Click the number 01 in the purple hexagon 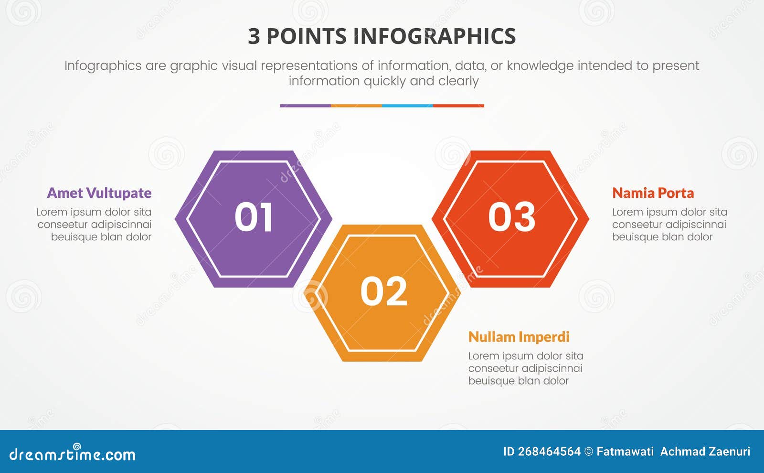254,218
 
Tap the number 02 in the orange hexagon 384,291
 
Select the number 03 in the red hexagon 511,217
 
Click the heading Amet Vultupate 99,193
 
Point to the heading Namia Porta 653,193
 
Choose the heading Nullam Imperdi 519,337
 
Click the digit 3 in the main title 254,37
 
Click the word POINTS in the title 307,37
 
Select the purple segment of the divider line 305,106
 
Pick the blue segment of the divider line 407,106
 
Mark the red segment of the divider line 458,106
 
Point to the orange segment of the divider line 356,106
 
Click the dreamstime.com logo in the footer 73,454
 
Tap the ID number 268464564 549,451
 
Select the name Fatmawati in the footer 625,451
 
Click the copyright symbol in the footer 589,451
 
